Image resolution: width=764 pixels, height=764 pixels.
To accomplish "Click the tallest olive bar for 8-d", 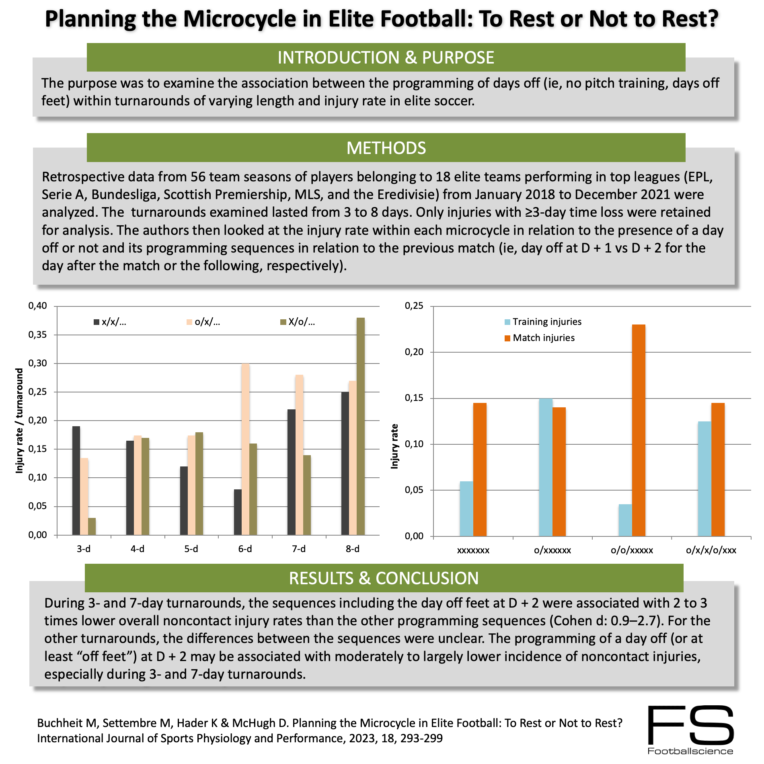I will pos(360,426).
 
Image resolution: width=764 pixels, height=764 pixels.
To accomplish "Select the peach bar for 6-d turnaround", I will pos(245,449).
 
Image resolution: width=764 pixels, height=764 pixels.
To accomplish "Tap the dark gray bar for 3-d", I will pos(76,481).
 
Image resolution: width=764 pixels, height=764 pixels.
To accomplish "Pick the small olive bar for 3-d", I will pos(92,526).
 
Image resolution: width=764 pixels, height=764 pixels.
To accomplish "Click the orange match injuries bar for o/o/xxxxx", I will pos(639,430).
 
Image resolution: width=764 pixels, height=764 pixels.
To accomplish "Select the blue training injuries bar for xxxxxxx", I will pos(466,509).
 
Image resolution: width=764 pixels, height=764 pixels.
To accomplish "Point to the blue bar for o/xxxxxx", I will pos(545,467).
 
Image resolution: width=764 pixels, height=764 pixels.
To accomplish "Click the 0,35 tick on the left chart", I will pos(37,335).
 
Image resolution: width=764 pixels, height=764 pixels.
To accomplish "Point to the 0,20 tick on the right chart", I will pos(414,352).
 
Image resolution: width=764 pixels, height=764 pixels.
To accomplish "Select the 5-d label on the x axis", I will pos(191,549).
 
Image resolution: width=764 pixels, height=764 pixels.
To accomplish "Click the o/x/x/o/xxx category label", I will pos(711,550).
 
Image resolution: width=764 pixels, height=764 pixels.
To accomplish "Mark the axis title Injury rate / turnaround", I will pos(19,421).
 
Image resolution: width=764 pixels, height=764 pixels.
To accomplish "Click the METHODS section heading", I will pos(386,148).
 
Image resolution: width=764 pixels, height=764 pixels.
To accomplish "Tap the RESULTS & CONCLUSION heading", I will pos(384,578).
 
